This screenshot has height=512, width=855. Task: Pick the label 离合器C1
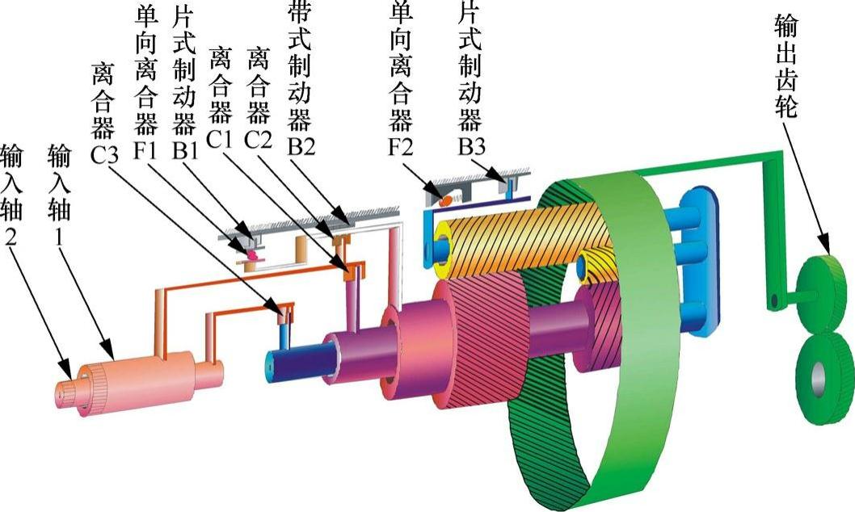(x=221, y=98)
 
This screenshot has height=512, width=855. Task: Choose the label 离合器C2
(x=259, y=98)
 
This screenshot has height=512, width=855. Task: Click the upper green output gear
(x=824, y=291)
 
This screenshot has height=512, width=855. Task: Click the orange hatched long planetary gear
(x=517, y=234)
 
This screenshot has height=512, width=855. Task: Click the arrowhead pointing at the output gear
(x=824, y=245)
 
